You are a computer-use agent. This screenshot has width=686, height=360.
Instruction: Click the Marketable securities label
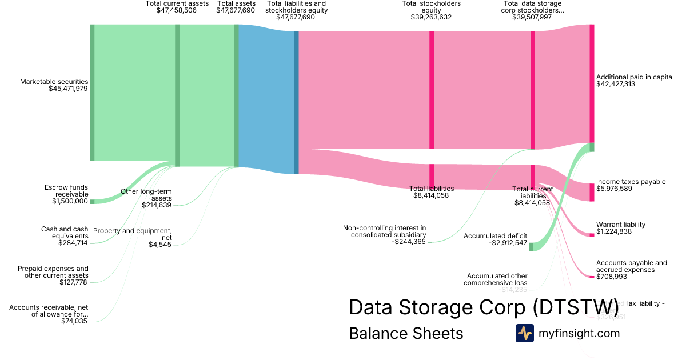click(54, 82)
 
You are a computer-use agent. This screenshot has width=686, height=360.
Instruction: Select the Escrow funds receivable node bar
click(92, 201)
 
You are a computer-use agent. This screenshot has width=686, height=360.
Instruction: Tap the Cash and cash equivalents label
click(65, 233)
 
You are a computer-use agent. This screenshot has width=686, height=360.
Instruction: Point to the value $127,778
click(74, 282)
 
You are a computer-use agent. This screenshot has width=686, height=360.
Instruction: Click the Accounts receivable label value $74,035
click(74, 321)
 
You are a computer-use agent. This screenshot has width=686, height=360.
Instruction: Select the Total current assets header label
click(177, 3)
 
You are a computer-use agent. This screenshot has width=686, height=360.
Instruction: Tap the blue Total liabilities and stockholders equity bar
click(296, 102)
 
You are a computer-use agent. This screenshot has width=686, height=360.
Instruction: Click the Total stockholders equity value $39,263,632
click(431, 17)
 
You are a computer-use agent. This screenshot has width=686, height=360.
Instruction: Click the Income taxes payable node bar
click(592, 192)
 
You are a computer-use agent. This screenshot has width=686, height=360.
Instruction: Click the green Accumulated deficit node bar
click(531, 247)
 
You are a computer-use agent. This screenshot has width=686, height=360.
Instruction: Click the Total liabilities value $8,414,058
click(431, 195)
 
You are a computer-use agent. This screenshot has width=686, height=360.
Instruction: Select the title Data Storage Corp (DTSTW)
click(484, 307)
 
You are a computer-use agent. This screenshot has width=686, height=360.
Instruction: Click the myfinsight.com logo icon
click(524, 333)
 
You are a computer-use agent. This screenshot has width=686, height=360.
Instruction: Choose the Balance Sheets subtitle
click(406, 333)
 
